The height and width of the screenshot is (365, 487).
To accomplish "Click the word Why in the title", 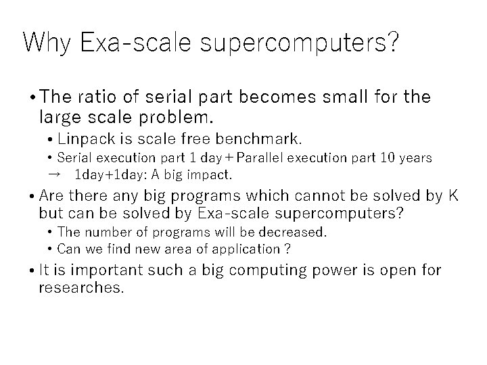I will [47, 43].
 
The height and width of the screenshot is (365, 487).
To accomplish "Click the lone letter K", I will [454, 196].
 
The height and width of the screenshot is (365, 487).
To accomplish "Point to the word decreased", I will [295, 232].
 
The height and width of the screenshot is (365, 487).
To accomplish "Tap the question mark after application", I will [287, 249].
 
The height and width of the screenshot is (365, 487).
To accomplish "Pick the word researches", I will [82, 288].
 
